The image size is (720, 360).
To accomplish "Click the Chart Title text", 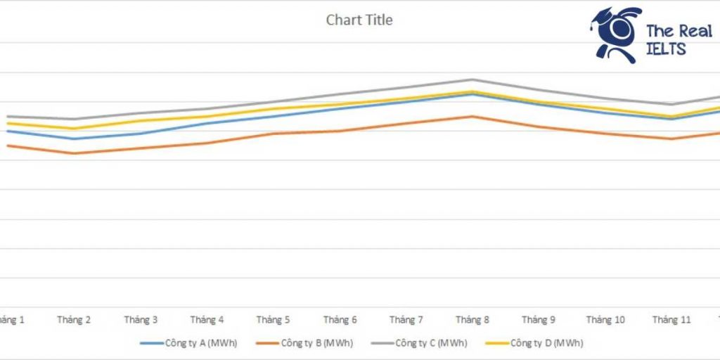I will click(359, 20).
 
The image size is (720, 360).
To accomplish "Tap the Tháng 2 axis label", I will click(74, 320).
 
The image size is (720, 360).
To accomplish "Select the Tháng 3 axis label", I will click(141, 320).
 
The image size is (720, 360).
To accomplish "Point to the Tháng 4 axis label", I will click(207, 320).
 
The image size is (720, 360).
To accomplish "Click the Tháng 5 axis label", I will click(273, 320).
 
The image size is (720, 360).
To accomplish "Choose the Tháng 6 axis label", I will click(340, 320).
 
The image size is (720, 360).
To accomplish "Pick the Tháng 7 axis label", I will click(406, 320).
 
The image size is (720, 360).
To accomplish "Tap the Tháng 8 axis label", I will click(472, 320).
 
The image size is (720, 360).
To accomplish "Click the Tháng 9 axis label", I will click(539, 320).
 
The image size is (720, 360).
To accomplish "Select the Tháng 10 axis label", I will click(605, 320).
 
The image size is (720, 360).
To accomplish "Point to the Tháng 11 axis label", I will click(671, 320).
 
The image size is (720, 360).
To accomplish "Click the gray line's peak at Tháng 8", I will click(472, 79).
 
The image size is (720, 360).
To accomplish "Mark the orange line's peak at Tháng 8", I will click(472, 116).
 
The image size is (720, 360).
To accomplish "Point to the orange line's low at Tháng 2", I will click(74, 153).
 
